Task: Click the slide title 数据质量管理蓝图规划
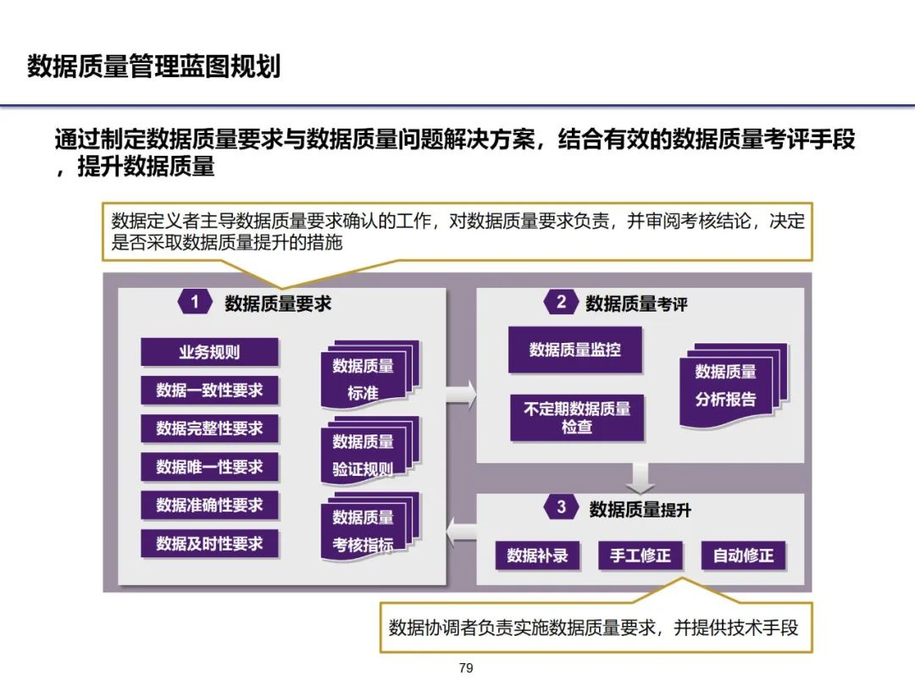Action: coord(153,66)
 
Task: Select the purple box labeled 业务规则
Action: coord(209,352)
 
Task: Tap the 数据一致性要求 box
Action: coord(209,390)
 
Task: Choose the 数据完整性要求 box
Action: coord(209,429)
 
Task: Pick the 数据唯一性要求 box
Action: coord(209,467)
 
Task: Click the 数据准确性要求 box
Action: coord(209,505)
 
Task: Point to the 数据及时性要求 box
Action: coord(209,543)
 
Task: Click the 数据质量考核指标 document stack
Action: coord(365,530)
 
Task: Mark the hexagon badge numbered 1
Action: coord(195,302)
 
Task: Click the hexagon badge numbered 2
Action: coord(561,302)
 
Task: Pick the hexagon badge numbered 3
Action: coord(561,507)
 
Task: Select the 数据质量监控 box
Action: coord(575,349)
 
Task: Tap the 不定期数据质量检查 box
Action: coord(577,418)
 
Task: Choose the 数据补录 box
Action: coord(537,556)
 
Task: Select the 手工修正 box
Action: coord(640,556)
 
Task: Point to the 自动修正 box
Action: coord(743,556)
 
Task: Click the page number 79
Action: coord(465,668)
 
